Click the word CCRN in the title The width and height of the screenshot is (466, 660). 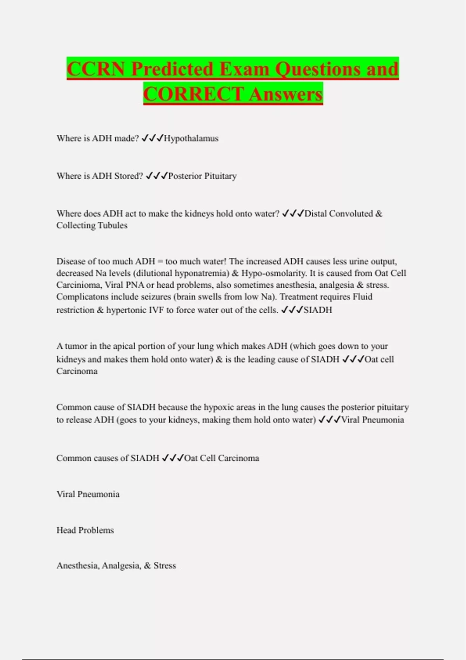click(x=96, y=69)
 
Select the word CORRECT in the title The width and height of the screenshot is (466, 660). click(x=193, y=94)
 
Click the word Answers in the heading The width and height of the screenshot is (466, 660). click(x=286, y=94)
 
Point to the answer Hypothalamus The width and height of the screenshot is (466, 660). click(x=191, y=139)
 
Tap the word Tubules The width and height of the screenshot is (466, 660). click(x=113, y=226)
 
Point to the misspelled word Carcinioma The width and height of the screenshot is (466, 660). click(x=78, y=285)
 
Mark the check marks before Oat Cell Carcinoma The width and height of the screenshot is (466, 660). click(x=172, y=458)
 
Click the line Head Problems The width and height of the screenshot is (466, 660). click(x=85, y=530)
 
